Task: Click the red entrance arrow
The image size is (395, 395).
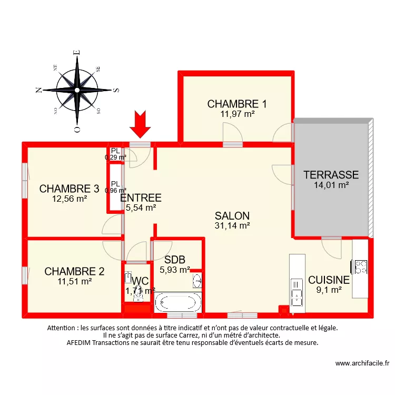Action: pos(140,124)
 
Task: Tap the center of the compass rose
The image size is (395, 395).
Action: pos(77,90)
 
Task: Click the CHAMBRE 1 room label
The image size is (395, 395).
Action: pos(237,104)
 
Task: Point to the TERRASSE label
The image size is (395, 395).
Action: pos(331,175)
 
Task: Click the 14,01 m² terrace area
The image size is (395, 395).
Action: pos(331,185)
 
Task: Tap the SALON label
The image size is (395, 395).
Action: pos(232,216)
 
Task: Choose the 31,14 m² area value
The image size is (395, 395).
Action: pos(232,226)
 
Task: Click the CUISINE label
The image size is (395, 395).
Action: pos(329,280)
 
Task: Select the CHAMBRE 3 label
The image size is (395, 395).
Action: pos(70,189)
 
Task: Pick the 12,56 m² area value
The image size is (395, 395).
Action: pos(70,199)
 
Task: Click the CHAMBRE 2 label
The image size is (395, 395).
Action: pos(74,272)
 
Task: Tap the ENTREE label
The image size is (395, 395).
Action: pos(141,198)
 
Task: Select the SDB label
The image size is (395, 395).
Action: pos(174,260)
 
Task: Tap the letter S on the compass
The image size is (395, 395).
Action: pos(116,90)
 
